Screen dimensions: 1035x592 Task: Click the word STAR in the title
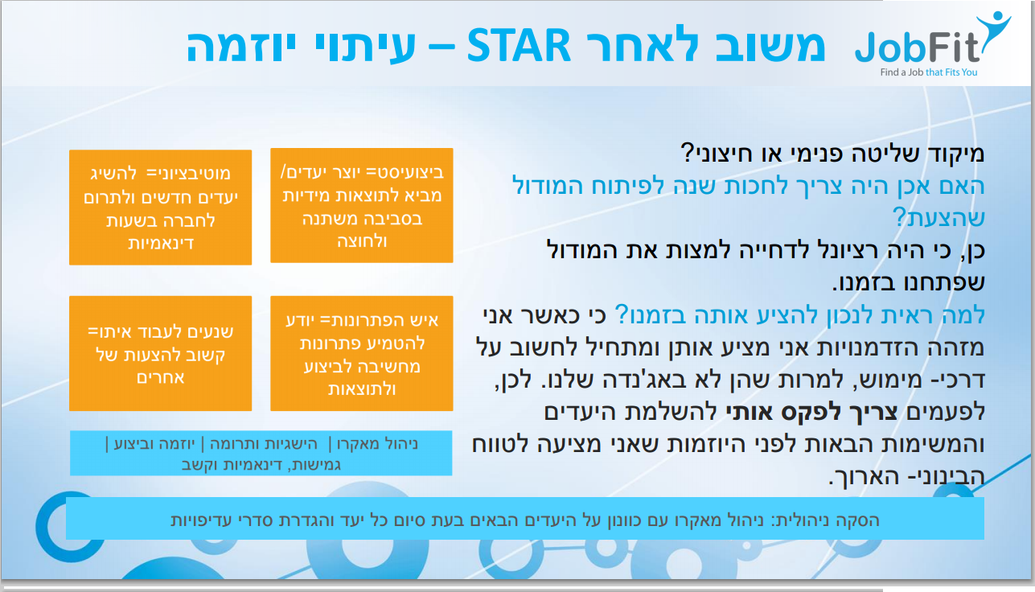click(x=519, y=46)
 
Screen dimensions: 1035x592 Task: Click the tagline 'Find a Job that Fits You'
click(x=929, y=72)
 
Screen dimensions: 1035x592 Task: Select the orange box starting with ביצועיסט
click(x=362, y=206)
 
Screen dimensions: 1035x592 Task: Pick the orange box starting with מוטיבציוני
click(x=160, y=208)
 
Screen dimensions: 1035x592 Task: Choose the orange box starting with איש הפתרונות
click(x=362, y=354)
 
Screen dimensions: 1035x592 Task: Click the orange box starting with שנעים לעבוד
click(x=160, y=354)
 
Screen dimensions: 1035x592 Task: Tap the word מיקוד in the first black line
click(x=953, y=154)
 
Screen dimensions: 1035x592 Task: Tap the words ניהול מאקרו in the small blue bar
click(x=377, y=444)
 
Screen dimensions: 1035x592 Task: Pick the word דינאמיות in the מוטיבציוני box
click(x=160, y=244)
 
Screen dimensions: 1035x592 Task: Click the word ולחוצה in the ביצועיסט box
click(x=362, y=241)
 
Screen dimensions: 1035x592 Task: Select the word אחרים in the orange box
click(x=160, y=377)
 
